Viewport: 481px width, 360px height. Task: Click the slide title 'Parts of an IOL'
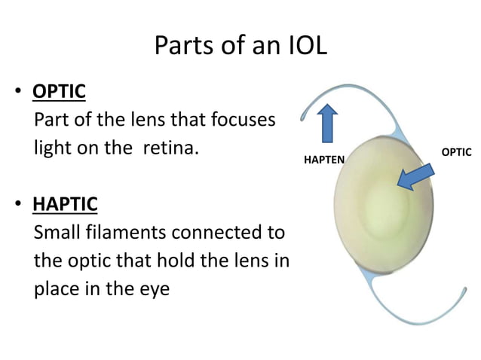240,47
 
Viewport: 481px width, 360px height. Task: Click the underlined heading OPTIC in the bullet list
59,93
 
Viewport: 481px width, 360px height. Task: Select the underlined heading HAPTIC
64,203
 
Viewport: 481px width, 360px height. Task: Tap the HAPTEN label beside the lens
323,160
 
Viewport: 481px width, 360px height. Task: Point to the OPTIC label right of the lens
456,152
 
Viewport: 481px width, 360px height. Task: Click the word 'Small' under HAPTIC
58,230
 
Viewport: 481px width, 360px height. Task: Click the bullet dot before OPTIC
17,94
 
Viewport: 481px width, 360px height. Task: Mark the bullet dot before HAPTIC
17,205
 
